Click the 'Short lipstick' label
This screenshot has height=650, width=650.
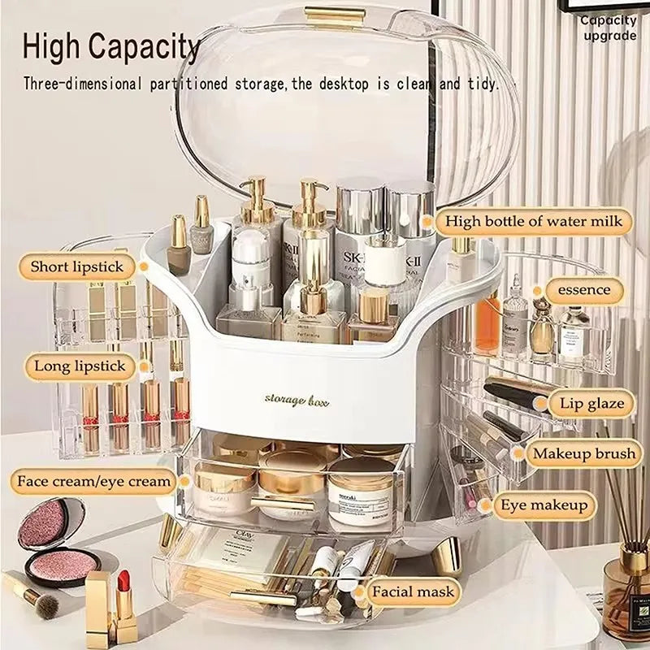[77, 266]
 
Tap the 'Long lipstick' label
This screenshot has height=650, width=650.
[80, 366]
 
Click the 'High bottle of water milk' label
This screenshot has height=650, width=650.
[534, 221]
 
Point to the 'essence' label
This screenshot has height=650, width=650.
[584, 290]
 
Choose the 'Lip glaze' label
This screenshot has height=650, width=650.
[591, 402]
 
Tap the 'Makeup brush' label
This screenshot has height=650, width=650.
[583, 453]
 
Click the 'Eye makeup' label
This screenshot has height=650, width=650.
[544, 505]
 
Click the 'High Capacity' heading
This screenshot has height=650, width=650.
[111, 48]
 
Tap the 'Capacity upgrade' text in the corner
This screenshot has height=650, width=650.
[609, 28]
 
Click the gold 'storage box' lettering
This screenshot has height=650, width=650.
[297, 399]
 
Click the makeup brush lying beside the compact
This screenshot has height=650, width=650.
[32, 594]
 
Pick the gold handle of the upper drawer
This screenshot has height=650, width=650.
[282, 504]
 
